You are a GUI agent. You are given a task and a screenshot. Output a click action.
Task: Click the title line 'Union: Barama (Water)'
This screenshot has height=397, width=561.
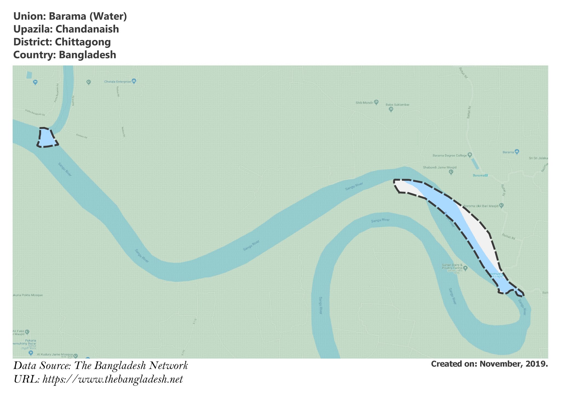[x=70, y=16]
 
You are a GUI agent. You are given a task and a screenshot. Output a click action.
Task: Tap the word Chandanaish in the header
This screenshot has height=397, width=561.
[x=87, y=29]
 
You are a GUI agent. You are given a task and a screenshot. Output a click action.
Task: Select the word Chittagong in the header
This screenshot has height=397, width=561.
[x=83, y=42]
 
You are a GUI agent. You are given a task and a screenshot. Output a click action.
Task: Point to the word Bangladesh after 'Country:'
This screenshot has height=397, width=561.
[x=87, y=55]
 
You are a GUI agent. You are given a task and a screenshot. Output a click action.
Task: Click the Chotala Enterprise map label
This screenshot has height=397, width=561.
[x=118, y=81]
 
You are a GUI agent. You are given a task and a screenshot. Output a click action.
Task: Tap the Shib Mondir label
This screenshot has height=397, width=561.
[x=364, y=103]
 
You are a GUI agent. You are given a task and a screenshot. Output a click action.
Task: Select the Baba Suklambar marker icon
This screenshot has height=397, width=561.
[x=391, y=109]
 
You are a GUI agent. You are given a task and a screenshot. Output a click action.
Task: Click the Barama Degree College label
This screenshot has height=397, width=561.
[x=450, y=155]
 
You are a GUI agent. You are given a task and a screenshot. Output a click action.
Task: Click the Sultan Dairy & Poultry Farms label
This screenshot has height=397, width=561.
[x=452, y=266]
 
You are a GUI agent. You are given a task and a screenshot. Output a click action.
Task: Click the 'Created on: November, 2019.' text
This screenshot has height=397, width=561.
[x=489, y=364]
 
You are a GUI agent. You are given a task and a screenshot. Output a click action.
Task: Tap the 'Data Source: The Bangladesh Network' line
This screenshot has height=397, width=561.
[x=101, y=365]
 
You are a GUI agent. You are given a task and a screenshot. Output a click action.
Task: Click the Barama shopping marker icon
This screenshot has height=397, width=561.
[x=517, y=152]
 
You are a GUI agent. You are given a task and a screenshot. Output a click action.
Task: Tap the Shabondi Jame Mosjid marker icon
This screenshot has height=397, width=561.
[x=451, y=172]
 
